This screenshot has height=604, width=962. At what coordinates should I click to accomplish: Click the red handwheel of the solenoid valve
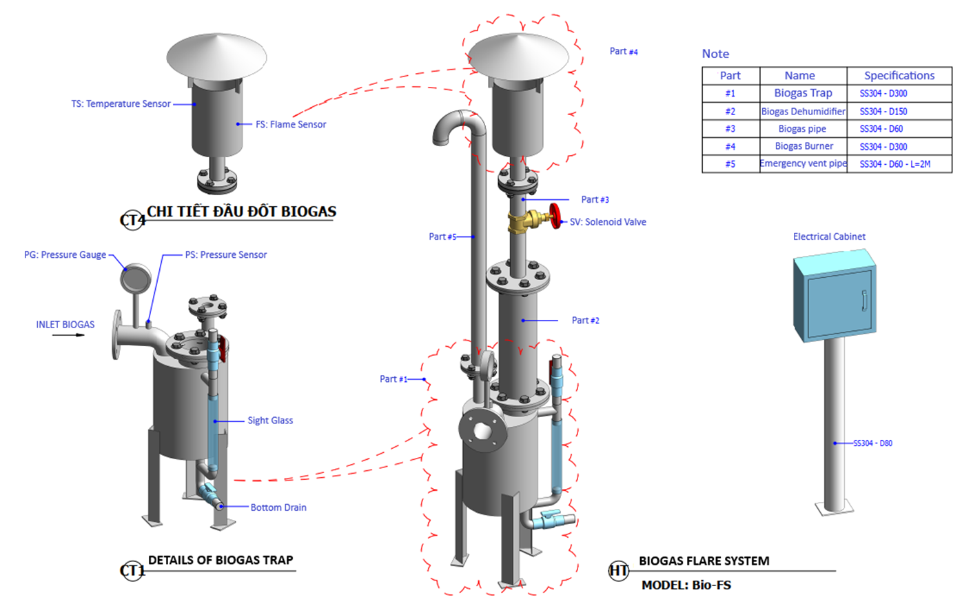(x=555, y=215)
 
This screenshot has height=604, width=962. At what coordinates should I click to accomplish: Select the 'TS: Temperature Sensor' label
(x=121, y=104)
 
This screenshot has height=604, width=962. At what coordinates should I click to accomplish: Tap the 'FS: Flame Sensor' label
(x=291, y=125)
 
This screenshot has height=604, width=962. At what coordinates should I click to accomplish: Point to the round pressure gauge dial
(x=136, y=278)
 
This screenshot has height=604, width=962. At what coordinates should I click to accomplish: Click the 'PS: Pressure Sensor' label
(x=225, y=255)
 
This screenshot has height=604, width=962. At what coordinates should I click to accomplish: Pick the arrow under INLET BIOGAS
(x=69, y=336)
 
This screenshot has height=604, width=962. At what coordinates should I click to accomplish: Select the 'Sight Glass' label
(x=270, y=421)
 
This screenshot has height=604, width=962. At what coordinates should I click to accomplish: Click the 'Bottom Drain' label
(x=278, y=507)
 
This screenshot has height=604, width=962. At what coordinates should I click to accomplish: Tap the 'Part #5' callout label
(x=442, y=236)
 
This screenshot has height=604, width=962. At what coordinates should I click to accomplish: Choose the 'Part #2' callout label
(x=586, y=321)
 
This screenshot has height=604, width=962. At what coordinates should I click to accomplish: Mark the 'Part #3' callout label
(x=595, y=200)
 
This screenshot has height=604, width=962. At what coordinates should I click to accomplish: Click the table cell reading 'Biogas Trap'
(x=803, y=93)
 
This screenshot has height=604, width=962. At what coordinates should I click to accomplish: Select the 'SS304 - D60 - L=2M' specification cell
(x=894, y=164)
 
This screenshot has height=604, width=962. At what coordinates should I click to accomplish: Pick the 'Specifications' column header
(x=899, y=76)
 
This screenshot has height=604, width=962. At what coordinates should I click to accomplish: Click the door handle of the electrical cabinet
(x=864, y=301)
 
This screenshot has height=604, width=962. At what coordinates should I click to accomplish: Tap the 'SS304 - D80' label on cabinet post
(x=872, y=443)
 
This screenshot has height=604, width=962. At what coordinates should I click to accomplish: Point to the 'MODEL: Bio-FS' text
(x=686, y=585)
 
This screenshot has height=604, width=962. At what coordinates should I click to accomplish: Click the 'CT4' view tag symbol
(x=132, y=220)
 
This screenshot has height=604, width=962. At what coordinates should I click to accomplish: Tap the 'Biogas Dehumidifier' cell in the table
(x=803, y=112)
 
